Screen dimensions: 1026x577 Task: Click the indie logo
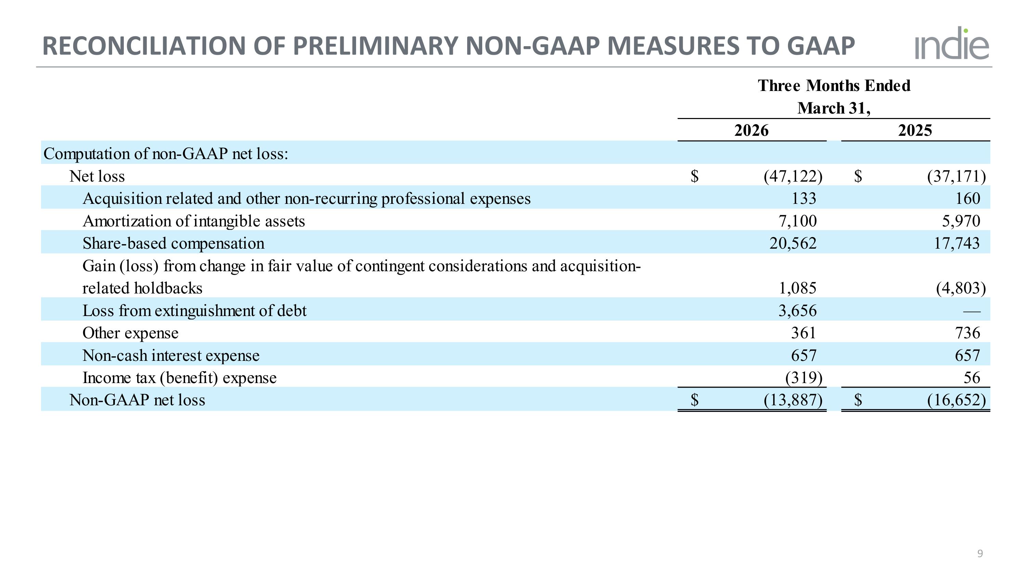951,43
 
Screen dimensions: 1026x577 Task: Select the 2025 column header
915,131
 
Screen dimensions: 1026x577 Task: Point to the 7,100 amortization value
798,221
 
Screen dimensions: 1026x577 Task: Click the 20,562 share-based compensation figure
793,243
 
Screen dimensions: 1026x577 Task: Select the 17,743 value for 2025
957,243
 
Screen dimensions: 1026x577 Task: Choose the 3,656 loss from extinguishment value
798,311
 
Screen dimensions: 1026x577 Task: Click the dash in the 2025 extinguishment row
972,311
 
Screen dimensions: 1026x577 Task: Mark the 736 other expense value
968,333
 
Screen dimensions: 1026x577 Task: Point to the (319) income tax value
804,378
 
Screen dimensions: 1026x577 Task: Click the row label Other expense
130,333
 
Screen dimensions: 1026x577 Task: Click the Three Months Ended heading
834,86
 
